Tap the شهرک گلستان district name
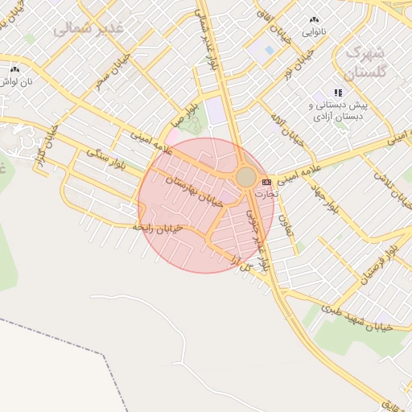tap(365, 61)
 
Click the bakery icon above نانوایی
tap(314, 19)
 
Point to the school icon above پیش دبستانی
tap(338, 93)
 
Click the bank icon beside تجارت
tap(266, 183)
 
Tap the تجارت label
tap(266, 194)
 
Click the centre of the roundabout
tap(246, 176)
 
